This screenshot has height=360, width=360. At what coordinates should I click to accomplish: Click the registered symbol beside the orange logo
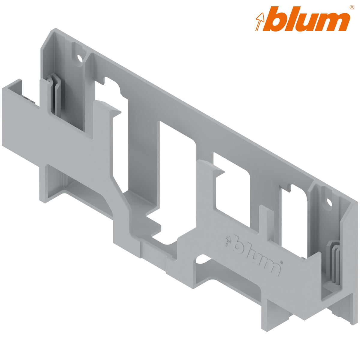coord(352,7)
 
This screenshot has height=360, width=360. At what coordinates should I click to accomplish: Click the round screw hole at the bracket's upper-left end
coord(79,57)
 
